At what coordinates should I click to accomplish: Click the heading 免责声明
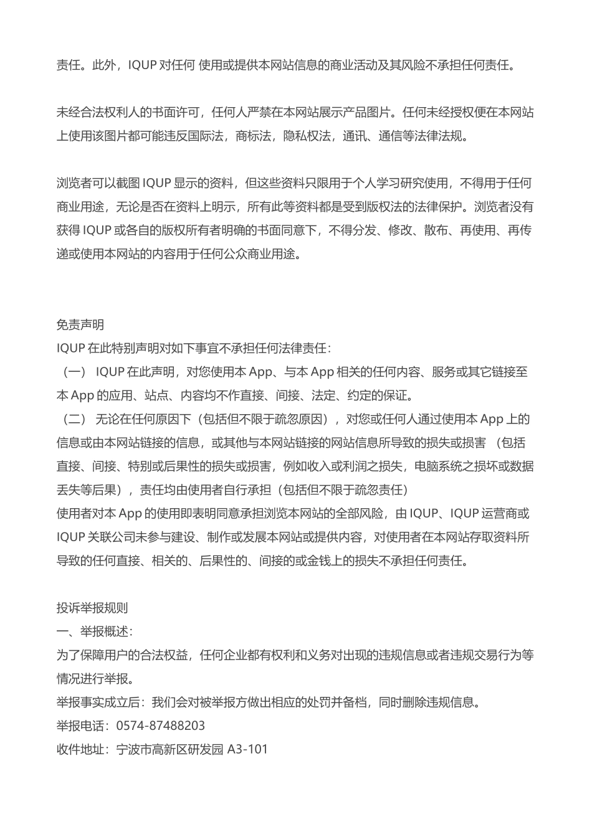[x=80, y=324]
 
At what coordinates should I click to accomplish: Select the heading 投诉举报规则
[x=92, y=608]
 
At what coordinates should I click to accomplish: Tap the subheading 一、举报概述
[x=93, y=631]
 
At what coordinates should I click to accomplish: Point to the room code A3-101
[x=248, y=749]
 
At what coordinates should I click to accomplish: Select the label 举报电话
[x=80, y=726]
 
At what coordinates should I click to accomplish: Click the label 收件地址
[x=80, y=749]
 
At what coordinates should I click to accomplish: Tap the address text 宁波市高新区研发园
[x=169, y=749]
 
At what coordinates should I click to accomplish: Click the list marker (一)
[x=75, y=372]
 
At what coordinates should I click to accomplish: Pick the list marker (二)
[x=75, y=419]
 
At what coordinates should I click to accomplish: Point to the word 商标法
[x=253, y=136]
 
